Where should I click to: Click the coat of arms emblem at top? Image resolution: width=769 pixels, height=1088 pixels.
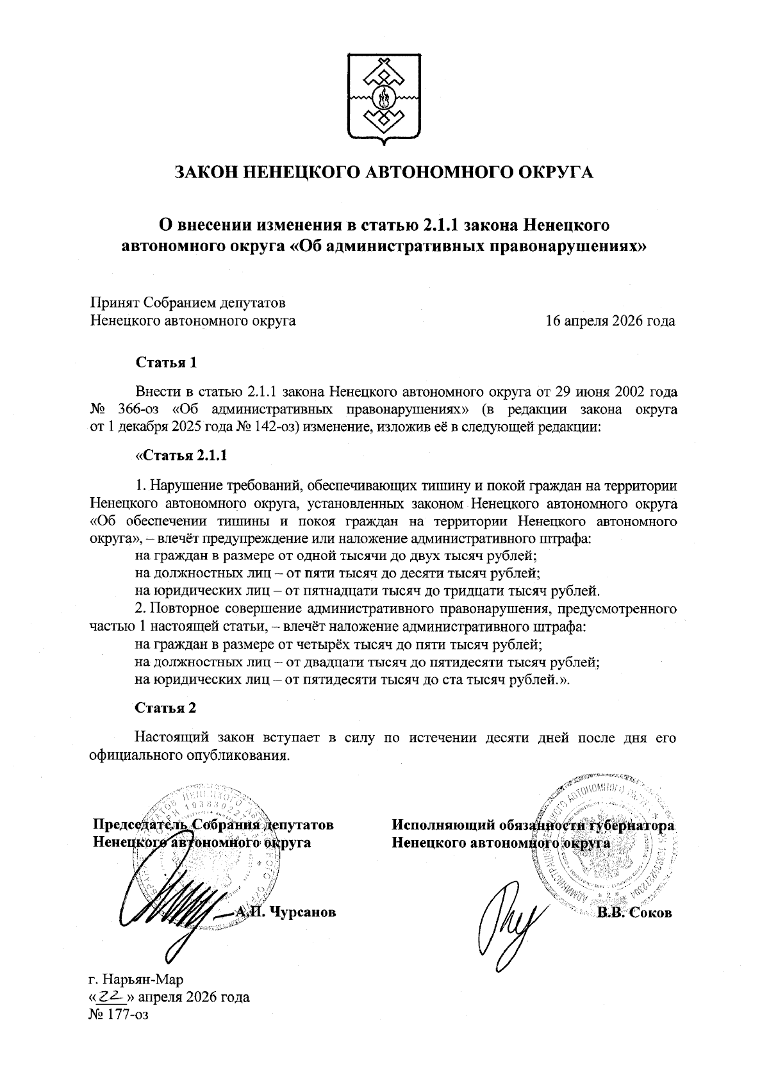[x=384, y=94]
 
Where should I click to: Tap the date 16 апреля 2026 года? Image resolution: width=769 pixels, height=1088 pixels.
[x=609, y=321]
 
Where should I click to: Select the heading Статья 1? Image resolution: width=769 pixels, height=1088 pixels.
[x=165, y=363]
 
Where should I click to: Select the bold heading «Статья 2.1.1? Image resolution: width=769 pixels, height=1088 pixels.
[x=180, y=456]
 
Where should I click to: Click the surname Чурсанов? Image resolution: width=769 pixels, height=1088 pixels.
[x=303, y=912]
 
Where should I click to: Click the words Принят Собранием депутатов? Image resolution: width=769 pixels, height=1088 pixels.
[x=187, y=302]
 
